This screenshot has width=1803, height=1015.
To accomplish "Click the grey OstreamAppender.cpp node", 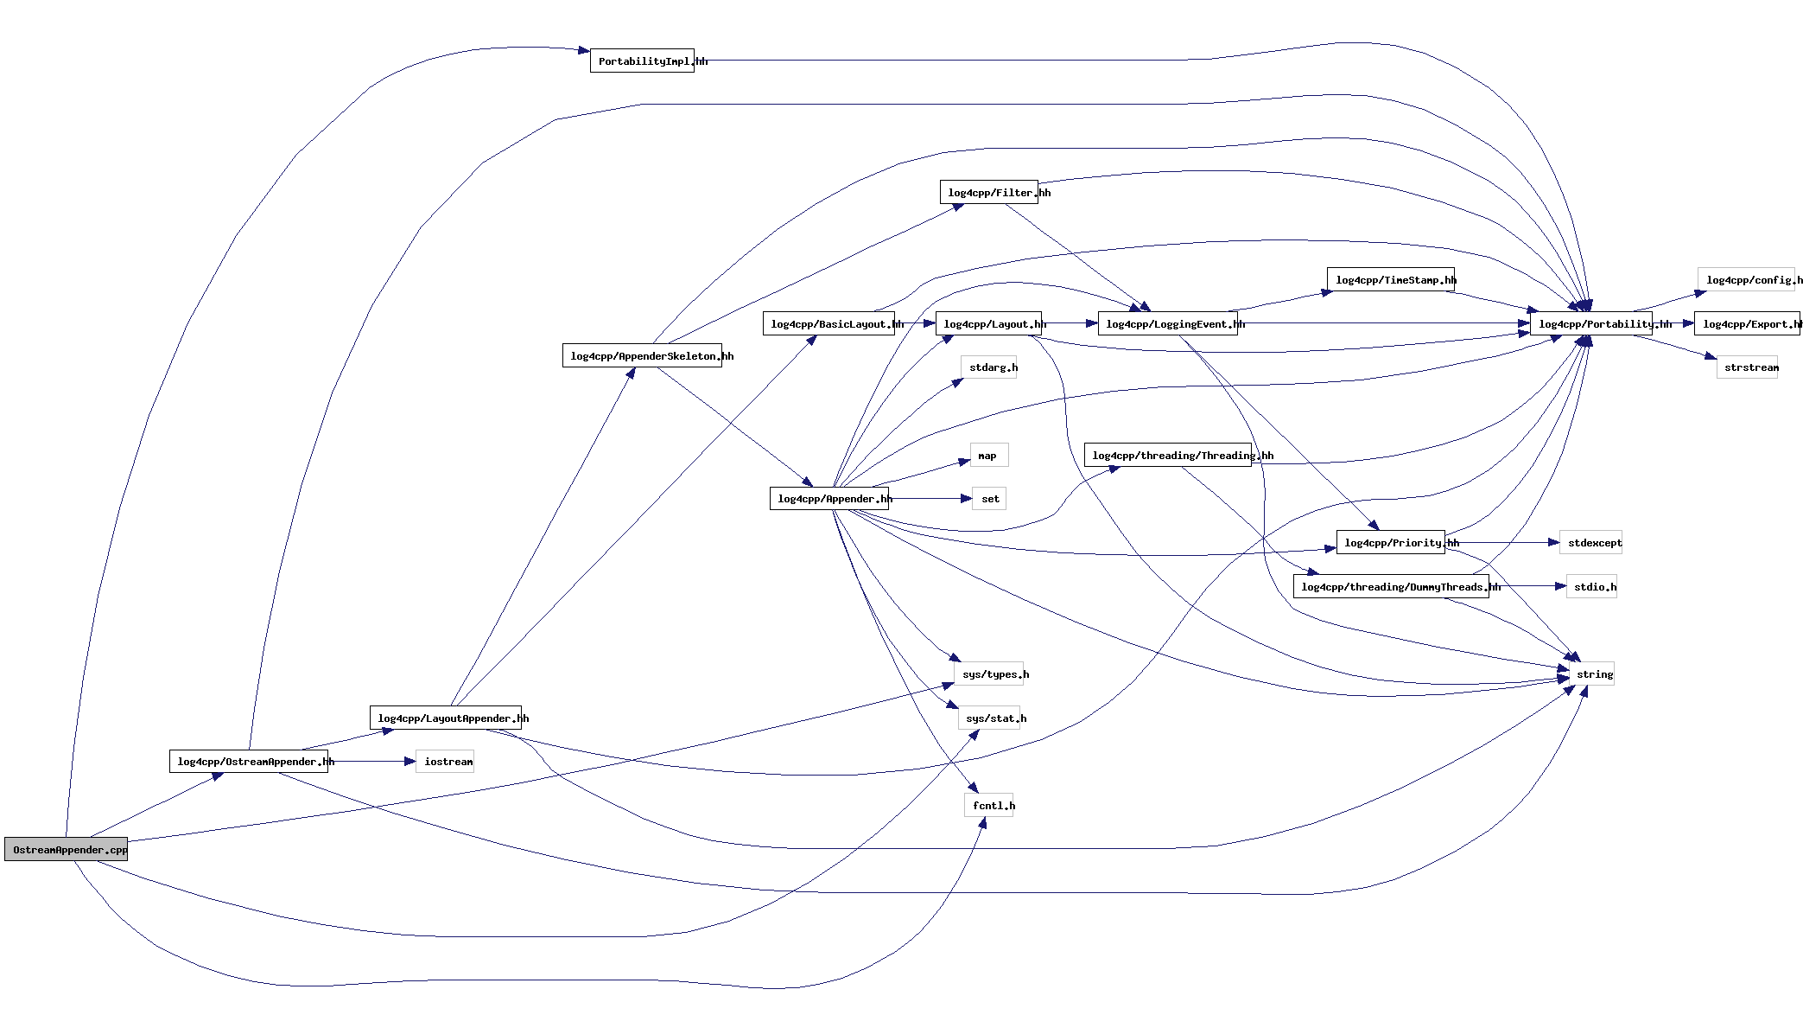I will tap(66, 849).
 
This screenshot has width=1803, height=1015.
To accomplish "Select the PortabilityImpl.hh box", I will tap(642, 61).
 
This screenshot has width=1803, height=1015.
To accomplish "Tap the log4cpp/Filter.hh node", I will tap(988, 192).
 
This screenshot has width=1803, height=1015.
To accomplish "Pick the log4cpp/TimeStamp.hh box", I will tap(1390, 279).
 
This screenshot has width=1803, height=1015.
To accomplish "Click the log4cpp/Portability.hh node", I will tap(1590, 323).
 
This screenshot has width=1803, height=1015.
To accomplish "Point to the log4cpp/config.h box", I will tap(1749, 279).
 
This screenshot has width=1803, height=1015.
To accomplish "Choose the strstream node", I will tap(1747, 367).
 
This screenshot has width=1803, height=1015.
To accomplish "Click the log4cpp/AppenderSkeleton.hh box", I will tap(642, 355).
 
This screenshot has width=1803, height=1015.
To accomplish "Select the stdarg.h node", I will tap(988, 367).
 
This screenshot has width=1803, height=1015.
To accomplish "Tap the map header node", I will tap(988, 455).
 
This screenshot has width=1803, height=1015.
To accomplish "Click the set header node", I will tap(989, 498).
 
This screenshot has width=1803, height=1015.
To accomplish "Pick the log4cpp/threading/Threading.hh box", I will tap(1167, 455).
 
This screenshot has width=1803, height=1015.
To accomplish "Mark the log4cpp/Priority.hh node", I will tap(1390, 542).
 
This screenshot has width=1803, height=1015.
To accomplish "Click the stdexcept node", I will tap(1590, 542).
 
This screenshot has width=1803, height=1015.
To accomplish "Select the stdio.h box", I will tap(1591, 586).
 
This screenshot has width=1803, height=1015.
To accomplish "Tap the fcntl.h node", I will tap(988, 805).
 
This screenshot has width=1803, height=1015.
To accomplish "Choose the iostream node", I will tap(444, 761).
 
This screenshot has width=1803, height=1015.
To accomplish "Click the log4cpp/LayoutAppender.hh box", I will tap(445, 718).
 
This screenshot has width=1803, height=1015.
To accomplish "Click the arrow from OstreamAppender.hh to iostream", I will tap(371, 761).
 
